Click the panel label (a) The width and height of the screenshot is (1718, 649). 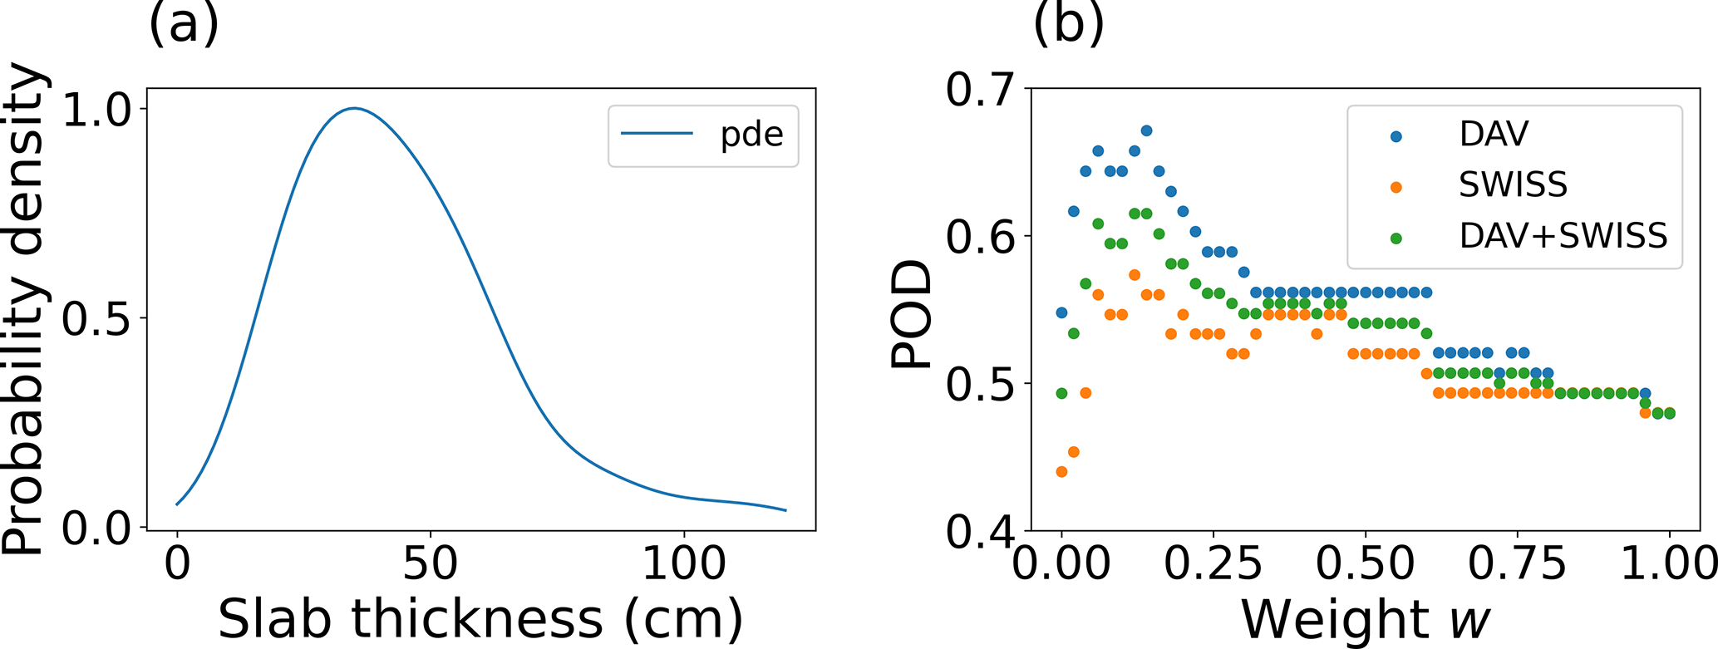click(184, 23)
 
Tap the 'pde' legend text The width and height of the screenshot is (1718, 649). click(751, 135)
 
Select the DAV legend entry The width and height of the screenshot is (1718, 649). click(1494, 135)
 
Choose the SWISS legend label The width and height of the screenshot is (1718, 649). click(1513, 185)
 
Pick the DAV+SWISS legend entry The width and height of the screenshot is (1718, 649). click(1563, 237)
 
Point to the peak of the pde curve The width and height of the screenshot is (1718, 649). click(355, 108)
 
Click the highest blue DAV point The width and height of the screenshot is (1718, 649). click(1146, 130)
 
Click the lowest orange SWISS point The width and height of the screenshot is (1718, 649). click(1061, 472)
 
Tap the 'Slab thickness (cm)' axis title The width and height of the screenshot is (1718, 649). click(480, 619)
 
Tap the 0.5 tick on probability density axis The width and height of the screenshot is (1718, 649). click(97, 319)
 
